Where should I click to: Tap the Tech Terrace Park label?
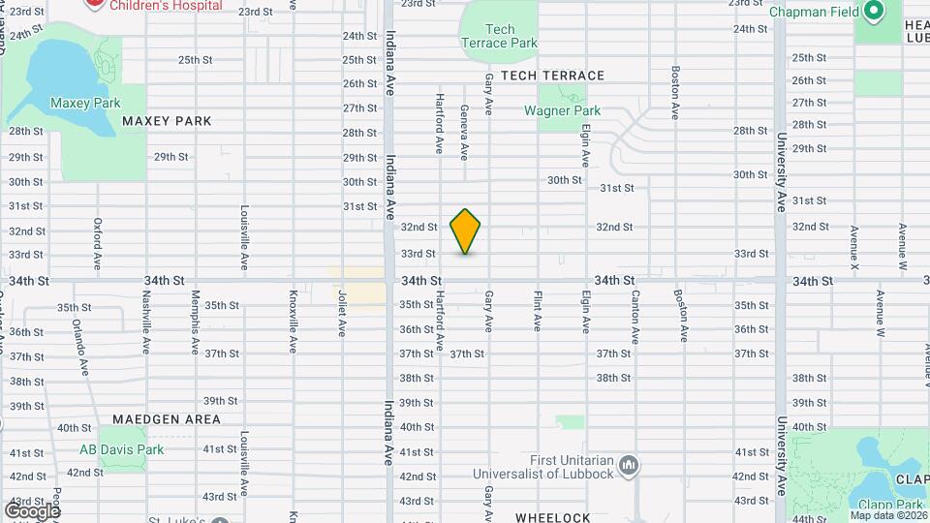[x=499, y=36]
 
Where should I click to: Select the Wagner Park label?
[x=562, y=110]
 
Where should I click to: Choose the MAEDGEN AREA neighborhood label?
[x=167, y=419]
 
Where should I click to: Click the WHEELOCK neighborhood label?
[x=552, y=518]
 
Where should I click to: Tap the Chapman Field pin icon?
[x=873, y=12]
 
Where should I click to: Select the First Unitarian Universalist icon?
[x=630, y=467]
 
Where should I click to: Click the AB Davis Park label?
[x=122, y=449]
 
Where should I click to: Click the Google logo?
[x=32, y=510]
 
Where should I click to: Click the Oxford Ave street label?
[x=98, y=243]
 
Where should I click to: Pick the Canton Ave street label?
[x=635, y=317]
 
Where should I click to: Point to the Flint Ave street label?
[x=537, y=309]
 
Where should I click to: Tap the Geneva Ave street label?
[x=464, y=133]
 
